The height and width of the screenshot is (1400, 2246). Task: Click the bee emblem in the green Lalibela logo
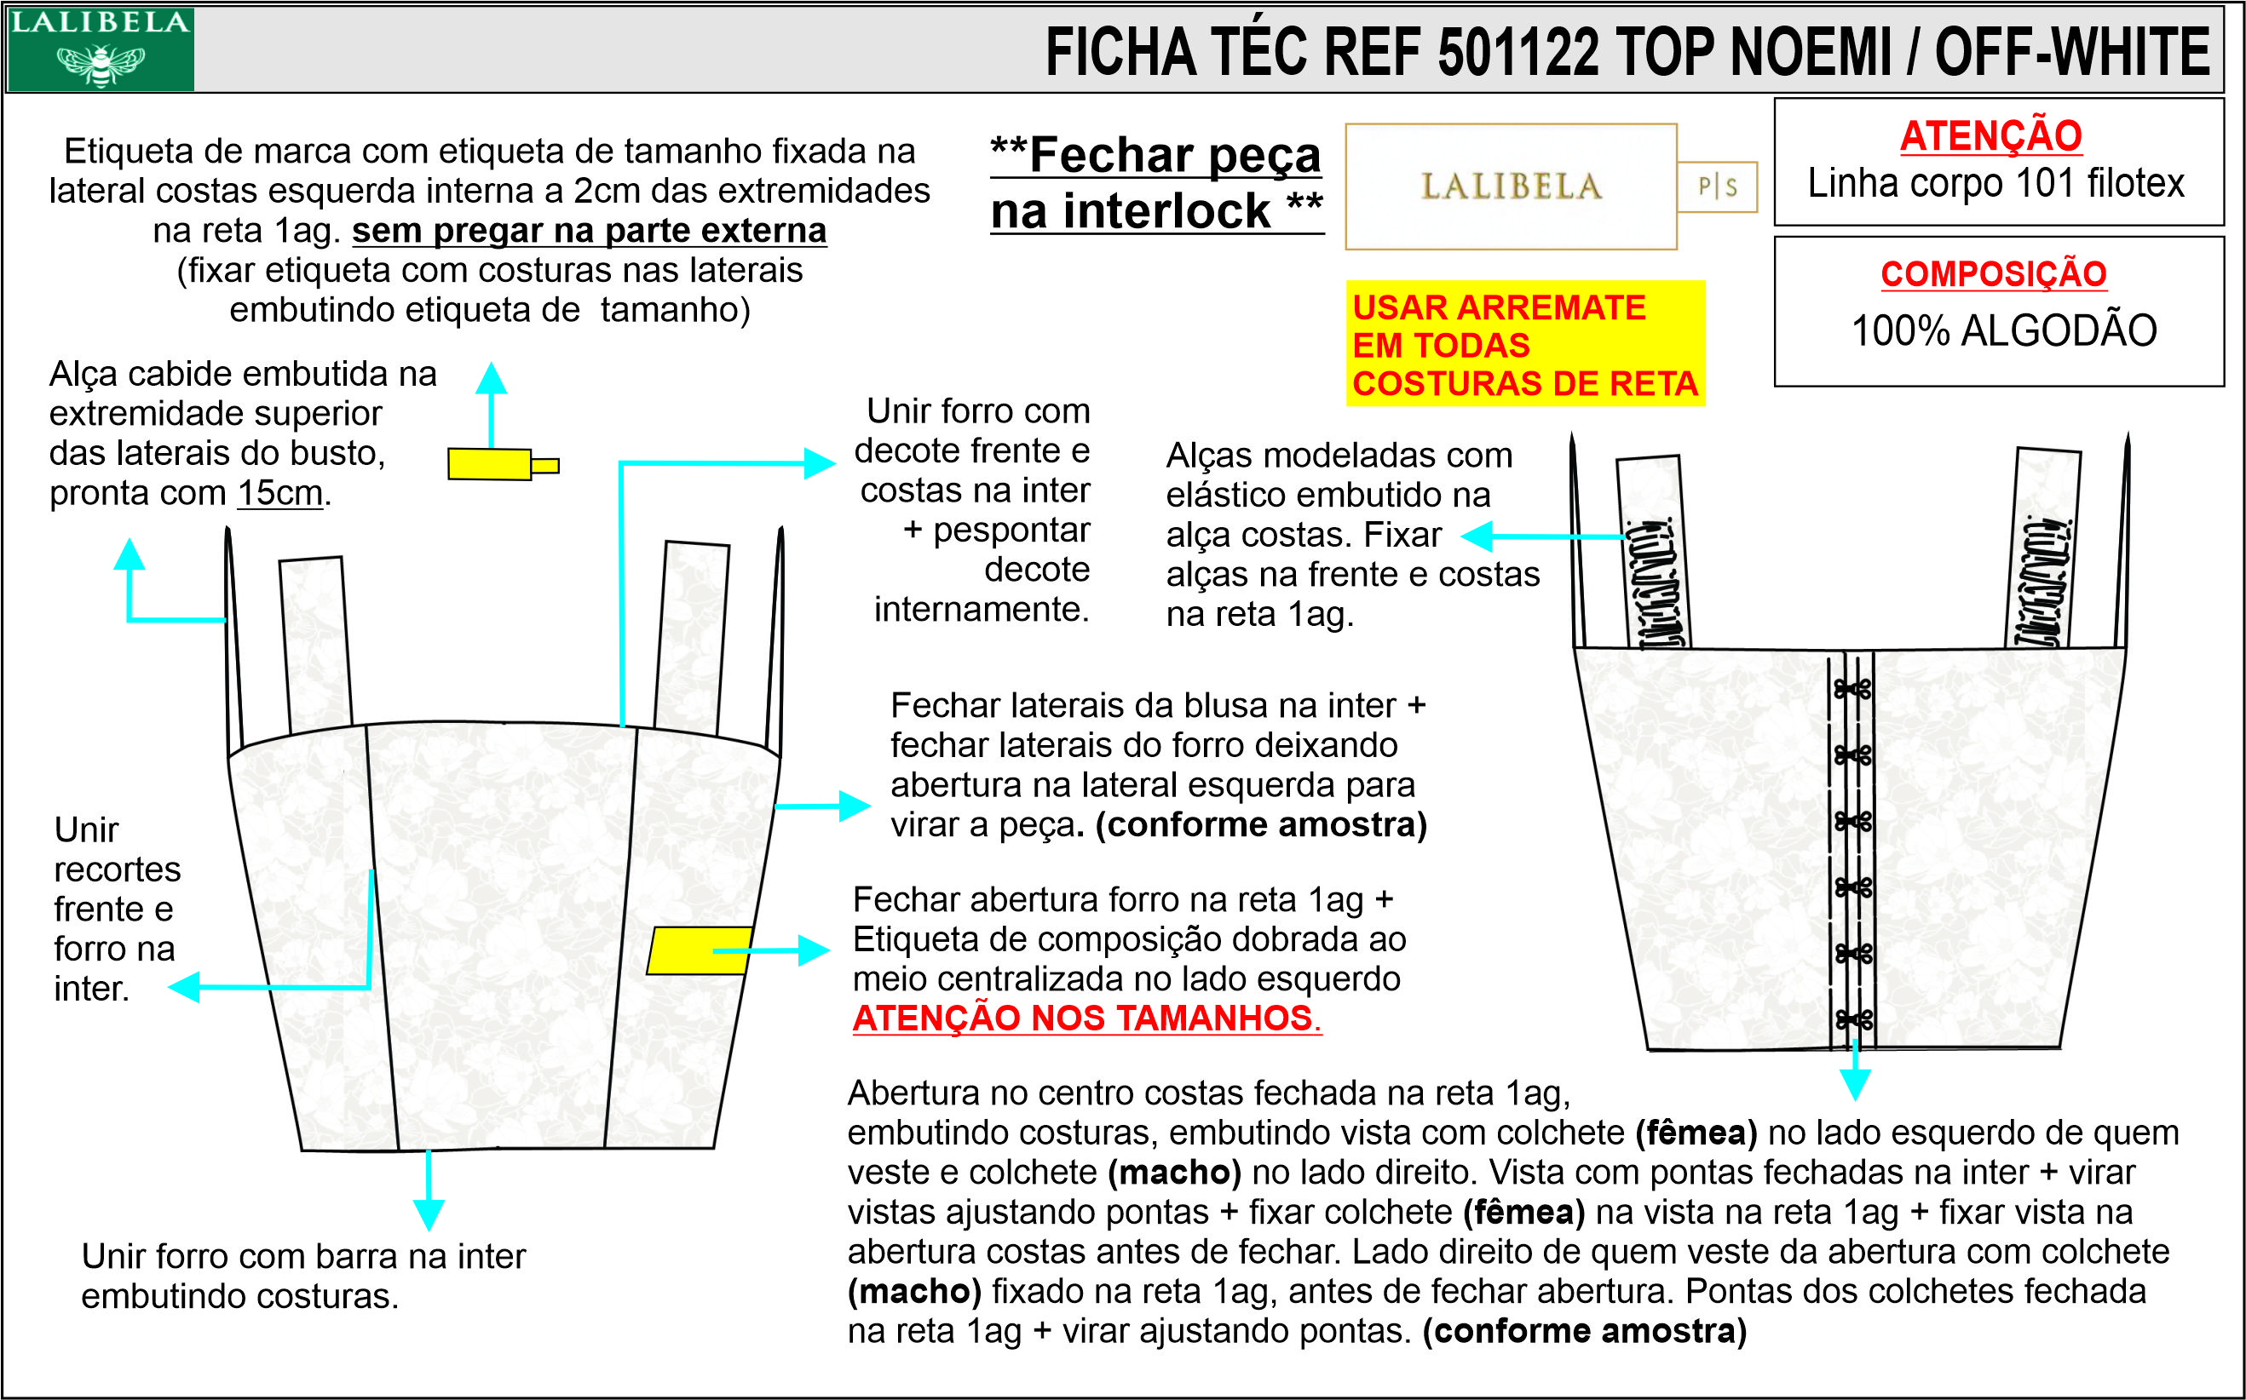100,64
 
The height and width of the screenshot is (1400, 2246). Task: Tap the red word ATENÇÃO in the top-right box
1990,136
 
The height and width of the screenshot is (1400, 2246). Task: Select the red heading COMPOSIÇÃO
1993,274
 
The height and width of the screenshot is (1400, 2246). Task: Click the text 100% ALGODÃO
2003,330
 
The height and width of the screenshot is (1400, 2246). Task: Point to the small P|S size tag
1716,187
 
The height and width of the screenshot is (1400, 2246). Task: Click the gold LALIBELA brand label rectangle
1511,187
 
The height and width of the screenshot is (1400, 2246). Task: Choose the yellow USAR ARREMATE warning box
1524,343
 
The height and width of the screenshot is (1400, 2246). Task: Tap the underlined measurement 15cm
279,492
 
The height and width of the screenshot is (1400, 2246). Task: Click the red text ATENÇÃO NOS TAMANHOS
1086,1018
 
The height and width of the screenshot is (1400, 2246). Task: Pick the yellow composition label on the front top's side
700,950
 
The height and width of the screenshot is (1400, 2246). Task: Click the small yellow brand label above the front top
503,464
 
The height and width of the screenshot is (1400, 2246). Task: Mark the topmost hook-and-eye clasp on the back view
1853,688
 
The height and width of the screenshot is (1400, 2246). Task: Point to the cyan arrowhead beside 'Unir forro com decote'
820,463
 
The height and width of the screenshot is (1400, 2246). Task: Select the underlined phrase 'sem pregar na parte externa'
589,231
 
